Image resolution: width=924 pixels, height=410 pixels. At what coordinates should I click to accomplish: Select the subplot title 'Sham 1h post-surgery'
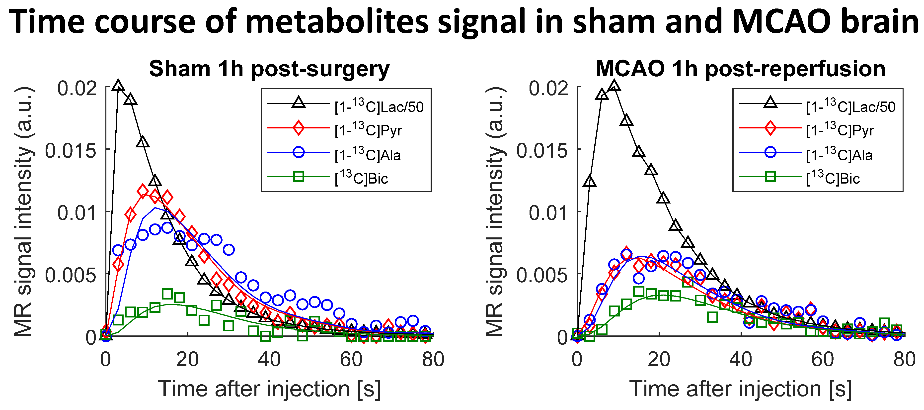269,69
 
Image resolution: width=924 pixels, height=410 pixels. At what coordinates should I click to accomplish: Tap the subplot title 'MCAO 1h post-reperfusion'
740,69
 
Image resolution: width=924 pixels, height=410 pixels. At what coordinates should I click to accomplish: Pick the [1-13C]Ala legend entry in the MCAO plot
839,155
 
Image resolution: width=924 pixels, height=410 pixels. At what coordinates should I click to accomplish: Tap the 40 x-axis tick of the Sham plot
269,359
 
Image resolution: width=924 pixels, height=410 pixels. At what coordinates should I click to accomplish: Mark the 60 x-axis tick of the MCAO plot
823,359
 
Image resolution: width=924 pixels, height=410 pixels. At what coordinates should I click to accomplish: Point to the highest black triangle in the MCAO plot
614,86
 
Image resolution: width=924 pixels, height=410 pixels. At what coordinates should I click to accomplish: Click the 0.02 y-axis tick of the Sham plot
77,88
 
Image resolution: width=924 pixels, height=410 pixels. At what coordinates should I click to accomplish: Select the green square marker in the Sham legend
299,176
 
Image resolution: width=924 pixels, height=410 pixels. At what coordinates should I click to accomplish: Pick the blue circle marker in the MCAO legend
770,152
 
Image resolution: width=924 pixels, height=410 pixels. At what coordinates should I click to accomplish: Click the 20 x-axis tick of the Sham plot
187,359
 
